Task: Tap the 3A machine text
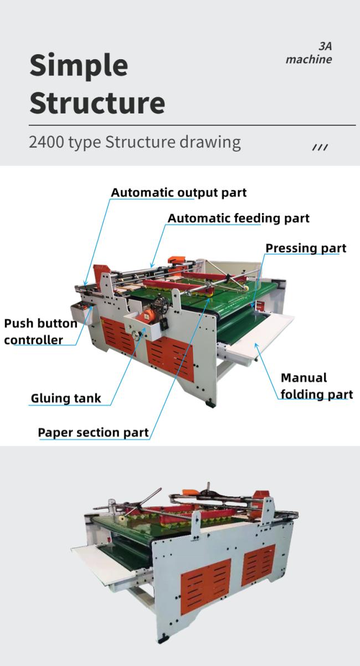(x=309, y=53)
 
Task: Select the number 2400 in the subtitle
(x=47, y=142)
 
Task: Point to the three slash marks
(x=320, y=147)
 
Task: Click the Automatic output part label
(x=179, y=193)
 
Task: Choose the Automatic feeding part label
(x=239, y=218)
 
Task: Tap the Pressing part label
(x=306, y=248)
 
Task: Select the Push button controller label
(x=41, y=332)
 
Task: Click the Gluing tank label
(x=66, y=398)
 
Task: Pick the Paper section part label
(x=93, y=432)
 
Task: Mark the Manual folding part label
(x=317, y=386)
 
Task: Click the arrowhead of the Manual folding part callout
(x=256, y=345)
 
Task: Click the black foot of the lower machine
(x=163, y=638)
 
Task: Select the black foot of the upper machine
(x=210, y=404)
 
